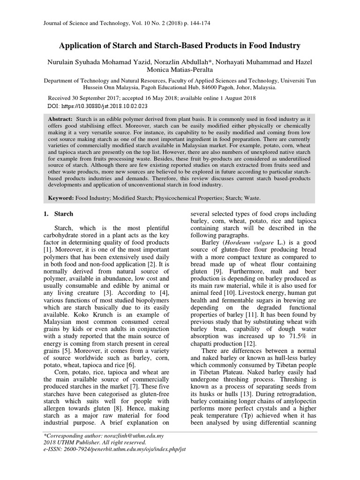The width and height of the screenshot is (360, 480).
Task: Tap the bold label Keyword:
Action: [62, 198]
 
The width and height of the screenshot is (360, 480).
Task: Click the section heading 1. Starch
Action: [58, 214]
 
